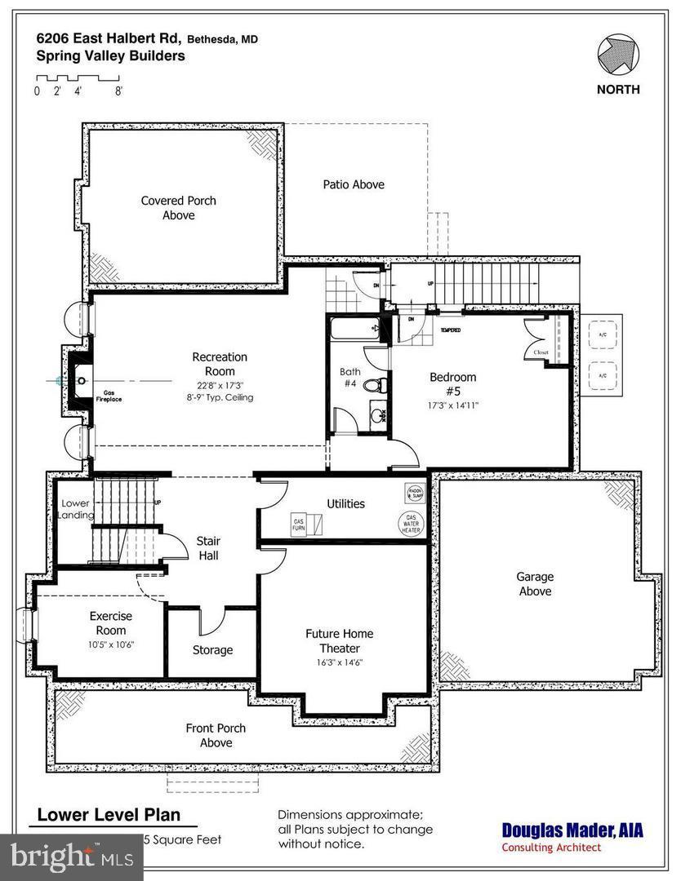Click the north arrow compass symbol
tap(617, 55)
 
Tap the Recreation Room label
tap(219, 364)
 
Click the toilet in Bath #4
tap(373, 386)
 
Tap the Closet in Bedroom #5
tap(540, 340)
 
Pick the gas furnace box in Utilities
tap(299, 523)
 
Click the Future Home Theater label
tap(339, 640)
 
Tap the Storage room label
tap(212, 650)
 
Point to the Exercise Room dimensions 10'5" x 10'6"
tap(110, 644)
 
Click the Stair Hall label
tap(208, 548)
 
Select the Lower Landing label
tap(75, 509)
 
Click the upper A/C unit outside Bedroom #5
tap(602, 334)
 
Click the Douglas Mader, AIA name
tap(572, 830)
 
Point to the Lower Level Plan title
tap(108, 815)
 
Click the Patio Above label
tap(353, 184)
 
